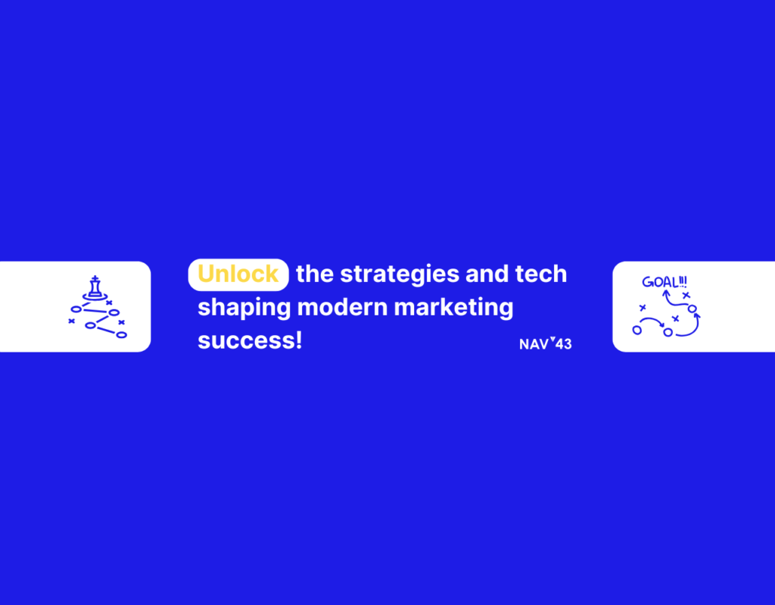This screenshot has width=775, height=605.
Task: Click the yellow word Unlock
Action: coord(238,275)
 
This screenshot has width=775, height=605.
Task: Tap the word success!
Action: coord(250,340)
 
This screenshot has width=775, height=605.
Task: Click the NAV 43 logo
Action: coord(545,344)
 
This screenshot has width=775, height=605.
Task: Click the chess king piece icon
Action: coord(95,288)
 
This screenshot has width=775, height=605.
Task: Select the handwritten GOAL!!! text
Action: coord(665,283)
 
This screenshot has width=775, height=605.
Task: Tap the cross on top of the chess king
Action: coord(95,278)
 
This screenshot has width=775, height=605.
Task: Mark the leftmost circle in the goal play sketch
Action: coord(637,330)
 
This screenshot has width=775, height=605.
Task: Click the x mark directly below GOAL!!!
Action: coord(686,295)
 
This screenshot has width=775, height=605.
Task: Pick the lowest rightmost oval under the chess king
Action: coord(121,334)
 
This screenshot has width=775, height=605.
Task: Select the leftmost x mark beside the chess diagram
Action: coord(71,321)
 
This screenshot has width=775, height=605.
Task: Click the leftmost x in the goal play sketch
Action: coord(643,308)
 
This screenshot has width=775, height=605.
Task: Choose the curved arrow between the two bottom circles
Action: coord(652,321)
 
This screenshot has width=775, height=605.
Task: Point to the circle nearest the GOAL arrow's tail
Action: coord(692,309)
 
